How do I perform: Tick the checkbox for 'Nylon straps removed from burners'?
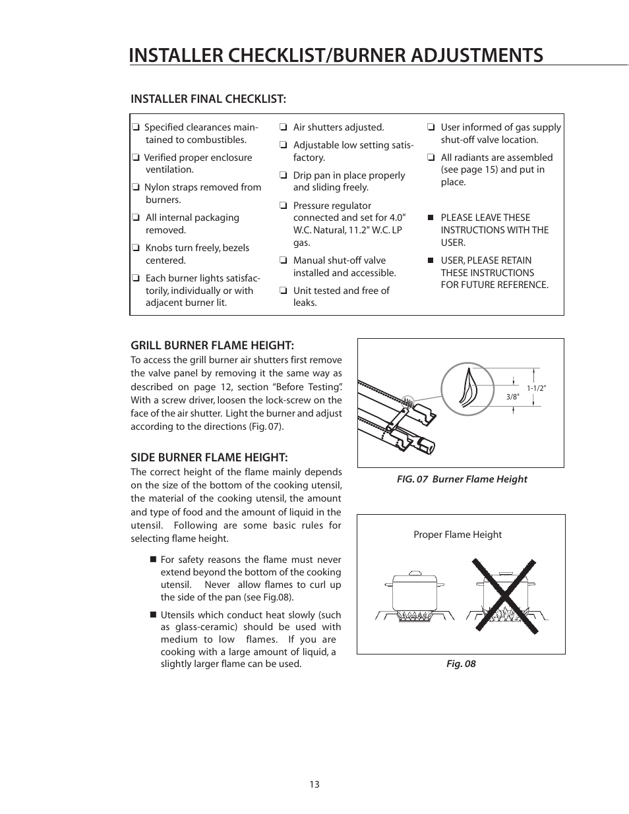pyautogui.click(x=135, y=188)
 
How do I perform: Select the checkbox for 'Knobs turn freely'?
pyautogui.click(x=135, y=248)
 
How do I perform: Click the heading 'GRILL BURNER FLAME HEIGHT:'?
pyautogui.click(x=212, y=345)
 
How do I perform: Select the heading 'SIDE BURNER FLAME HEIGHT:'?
pyautogui.click(x=209, y=457)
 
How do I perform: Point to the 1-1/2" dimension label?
pyautogui.click(x=536, y=388)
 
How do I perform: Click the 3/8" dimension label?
pyautogui.click(x=512, y=397)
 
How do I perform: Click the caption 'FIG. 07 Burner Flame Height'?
pyautogui.click(x=462, y=479)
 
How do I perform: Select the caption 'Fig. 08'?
pyautogui.click(x=461, y=664)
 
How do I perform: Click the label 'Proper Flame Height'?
pyautogui.click(x=458, y=535)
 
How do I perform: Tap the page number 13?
pyautogui.click(x=314, y=784)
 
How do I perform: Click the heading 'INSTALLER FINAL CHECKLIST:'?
pyautogui.click(x=208, y=99)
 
